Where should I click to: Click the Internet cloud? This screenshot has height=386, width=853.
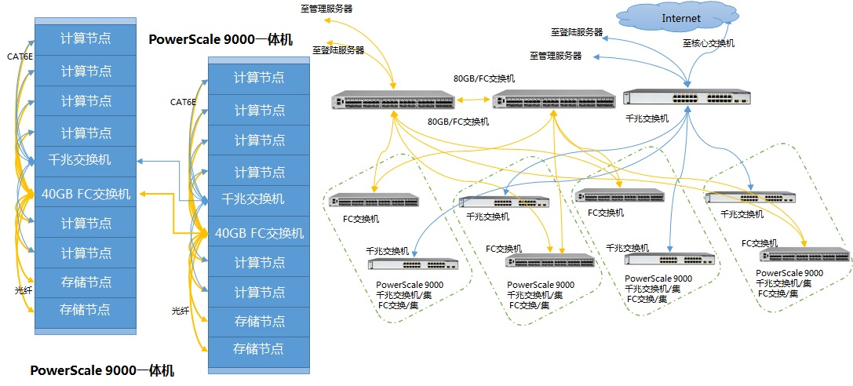pyautogui.click(x=681, y=19)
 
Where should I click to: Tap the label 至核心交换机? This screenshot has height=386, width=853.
pyautogui.click(x=709, y=43)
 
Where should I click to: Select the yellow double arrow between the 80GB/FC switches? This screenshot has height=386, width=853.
pyautogui.click(x=473, y=100)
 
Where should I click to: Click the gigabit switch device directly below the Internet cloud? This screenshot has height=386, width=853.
pyautogui.click(x=687, y=97)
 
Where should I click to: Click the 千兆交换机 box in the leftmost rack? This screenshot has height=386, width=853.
pyautogui.click(x=85, y=160)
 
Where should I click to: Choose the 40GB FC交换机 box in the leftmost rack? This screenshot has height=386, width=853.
pyautogui.click(x=85, y=192)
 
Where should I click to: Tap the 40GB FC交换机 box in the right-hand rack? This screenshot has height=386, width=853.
pyautogui.click(x=259, y=233)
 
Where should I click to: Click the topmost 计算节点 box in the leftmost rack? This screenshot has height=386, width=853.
pyautogui.click(x=85, y=39)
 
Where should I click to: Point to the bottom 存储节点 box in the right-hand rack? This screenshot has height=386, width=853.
pyautogui.click(x=259, y=348)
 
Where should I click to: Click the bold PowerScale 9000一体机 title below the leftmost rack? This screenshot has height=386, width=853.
pyautogui.click(x=102, y=371)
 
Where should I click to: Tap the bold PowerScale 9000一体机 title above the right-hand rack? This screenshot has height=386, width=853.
pyautogui.click(x=221, y=40)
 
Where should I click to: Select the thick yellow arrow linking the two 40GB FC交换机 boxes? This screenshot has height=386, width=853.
pyautogui.click(x=173, y=213)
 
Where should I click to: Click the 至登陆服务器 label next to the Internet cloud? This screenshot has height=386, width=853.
pyautogui.click(x=577, y=32)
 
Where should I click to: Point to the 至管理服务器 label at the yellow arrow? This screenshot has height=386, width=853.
pyautogui.click(x=326, y=9)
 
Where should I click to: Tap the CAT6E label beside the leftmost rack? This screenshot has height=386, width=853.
pyautogui.click(x=20, y=56)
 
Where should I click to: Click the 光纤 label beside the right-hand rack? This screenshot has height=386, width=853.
pyautogui.click(x=180, y=311)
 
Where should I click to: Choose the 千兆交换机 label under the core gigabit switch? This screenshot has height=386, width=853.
pyautogui.click(x=647, y=118)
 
